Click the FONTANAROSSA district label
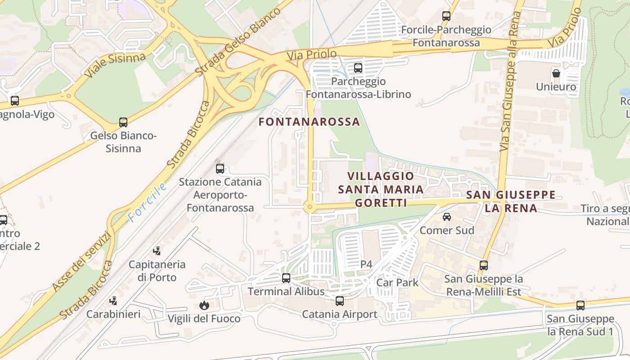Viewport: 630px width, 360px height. click(309, 122)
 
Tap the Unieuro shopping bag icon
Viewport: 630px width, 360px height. click(556, 73)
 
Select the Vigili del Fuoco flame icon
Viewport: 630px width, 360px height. click(204, 306)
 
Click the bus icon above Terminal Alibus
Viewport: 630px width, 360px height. click(286, 278)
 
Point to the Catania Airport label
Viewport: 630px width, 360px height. click(339, 314)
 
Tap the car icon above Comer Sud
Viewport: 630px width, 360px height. click(447, 217)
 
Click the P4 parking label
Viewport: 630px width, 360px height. click(366, 264)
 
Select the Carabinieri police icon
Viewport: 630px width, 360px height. click(113, 301)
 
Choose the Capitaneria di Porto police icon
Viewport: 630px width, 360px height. click(157, 251)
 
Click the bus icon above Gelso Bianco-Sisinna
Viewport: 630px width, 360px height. click(123, 122)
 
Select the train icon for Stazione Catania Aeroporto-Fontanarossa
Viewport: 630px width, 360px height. click(220, 169)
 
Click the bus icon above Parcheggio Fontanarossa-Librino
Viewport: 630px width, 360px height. click(358, 68)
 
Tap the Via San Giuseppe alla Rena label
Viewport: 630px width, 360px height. click(511, 81)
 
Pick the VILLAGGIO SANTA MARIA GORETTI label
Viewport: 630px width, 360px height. click(381, 189)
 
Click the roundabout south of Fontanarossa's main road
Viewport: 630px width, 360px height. click(309, 207)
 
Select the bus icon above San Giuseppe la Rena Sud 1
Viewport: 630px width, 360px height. click(580, 306)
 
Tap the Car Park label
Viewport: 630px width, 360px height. click(397, 283)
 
